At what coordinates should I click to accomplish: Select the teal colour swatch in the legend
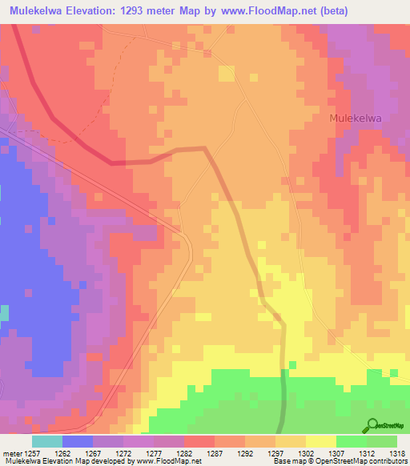(46, 441)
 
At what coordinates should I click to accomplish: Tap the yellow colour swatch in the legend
(320, 441)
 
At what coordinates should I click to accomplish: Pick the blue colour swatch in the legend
(77, 441)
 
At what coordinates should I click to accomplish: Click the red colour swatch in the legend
(199, 441)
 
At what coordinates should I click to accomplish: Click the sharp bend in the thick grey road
(206, 149)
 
